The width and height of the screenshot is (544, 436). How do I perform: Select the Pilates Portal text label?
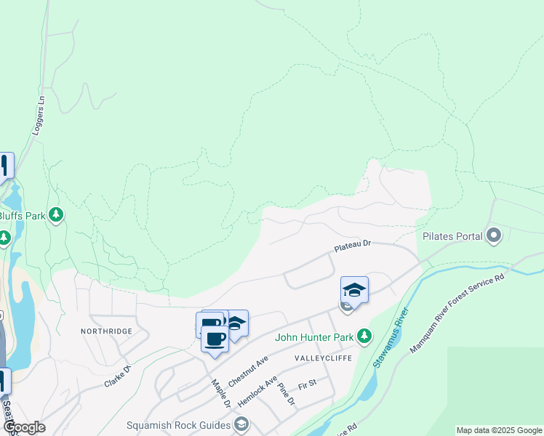452,236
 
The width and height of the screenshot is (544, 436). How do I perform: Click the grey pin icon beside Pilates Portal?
495,235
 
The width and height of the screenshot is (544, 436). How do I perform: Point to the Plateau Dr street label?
353,247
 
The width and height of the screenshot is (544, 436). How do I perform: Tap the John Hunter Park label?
313,337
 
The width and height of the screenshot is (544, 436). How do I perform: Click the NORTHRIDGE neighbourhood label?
108,331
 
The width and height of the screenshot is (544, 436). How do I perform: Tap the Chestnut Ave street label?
248,371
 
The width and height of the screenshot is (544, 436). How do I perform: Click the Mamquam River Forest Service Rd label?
457,313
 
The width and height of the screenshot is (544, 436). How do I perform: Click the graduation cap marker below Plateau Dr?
354,289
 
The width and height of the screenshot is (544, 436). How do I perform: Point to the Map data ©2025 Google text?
498,430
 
